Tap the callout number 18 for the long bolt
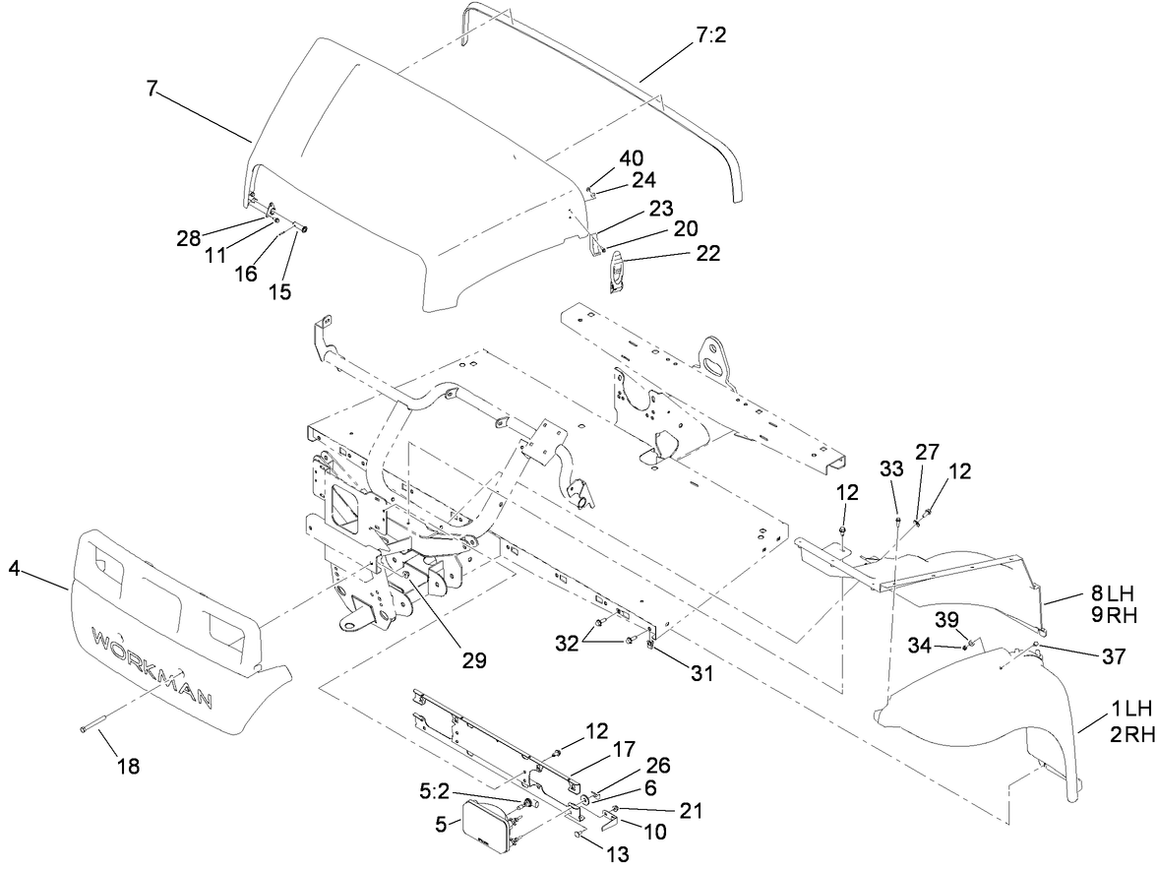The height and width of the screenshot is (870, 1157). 128,767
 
